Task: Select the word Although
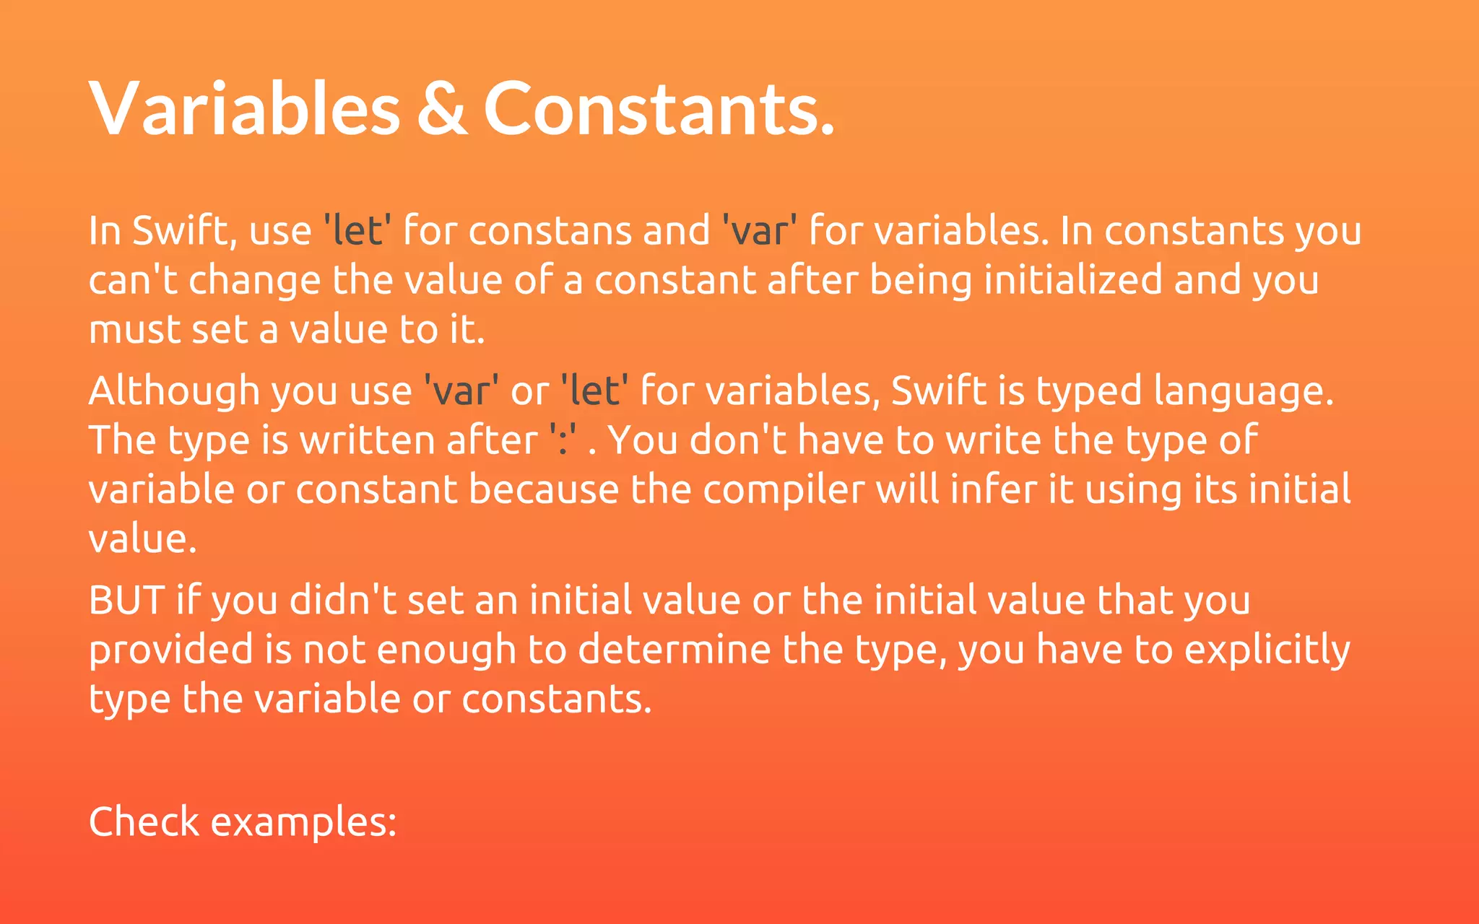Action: click(173, 391)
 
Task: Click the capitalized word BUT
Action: click(126, 601)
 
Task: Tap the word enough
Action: click(446, 650)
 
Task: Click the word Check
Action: click(144, 821)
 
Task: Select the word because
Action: click(544, 489)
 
